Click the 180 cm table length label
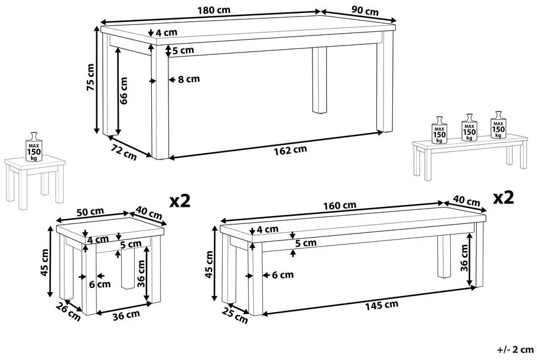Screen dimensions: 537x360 coord(214,9)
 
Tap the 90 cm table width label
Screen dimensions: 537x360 coord(365,11)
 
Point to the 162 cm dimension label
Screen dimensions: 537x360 coord(291,150)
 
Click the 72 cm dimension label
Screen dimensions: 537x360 coord(123,152)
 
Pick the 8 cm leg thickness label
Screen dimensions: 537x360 coord(188,79)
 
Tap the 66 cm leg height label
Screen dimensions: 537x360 coord(123,90)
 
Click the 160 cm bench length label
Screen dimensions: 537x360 coord(340,206)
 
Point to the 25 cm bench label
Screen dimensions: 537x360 coord(235,315)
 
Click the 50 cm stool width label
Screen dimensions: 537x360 coord(90,212)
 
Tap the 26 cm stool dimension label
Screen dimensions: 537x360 coord(69,312)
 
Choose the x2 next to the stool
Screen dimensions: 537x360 coord(180,201)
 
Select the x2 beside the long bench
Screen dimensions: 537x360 coord(503,197)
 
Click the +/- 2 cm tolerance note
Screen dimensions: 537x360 coord(515,349)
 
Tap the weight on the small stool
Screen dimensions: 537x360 coord(34,147)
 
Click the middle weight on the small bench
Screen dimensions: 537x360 coord(469,128)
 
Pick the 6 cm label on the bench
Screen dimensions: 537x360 coord(283,275)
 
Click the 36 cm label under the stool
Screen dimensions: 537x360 coord(126,315)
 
